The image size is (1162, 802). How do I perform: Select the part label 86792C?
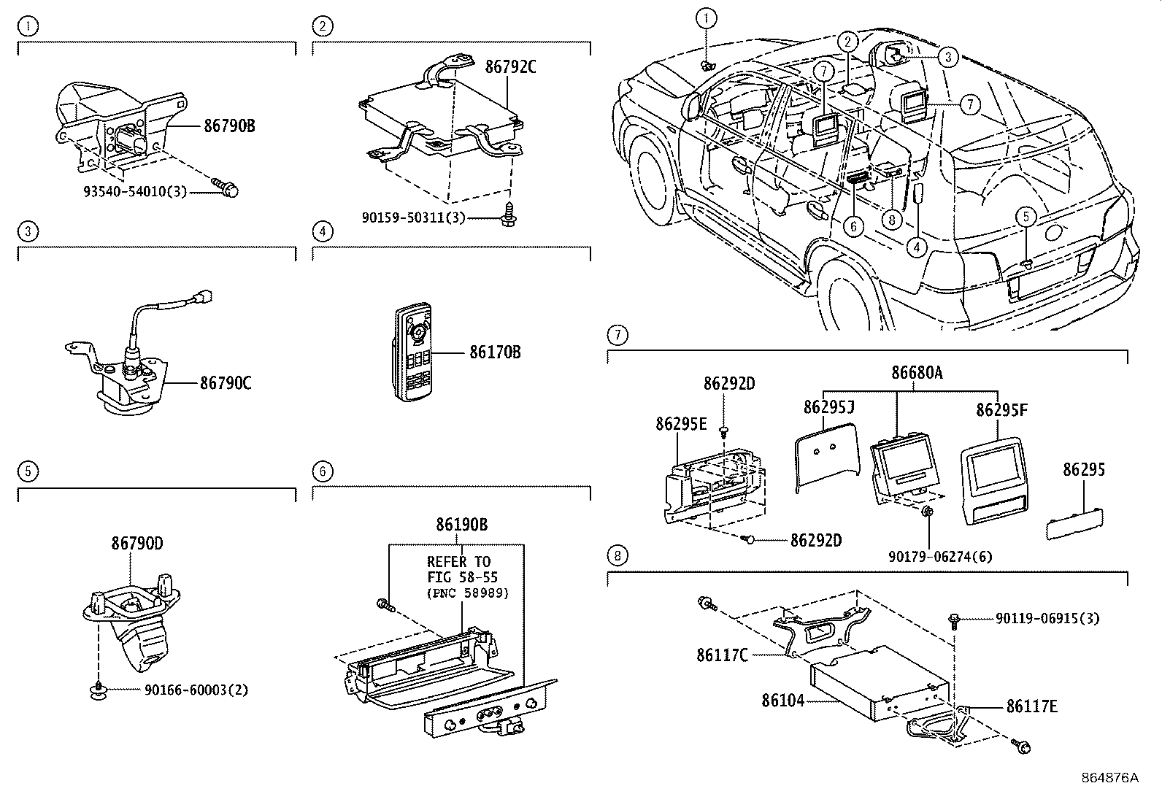click(x=510, y=68)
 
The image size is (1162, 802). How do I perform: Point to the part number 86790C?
click(x=226, y=382)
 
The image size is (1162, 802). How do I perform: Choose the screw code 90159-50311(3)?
click(x=413, y=217)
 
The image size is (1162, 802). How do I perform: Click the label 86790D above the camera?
click(x=136, y=544)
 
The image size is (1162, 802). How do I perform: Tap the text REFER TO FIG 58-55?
click(x=459, y=568)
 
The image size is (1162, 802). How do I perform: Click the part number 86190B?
click(x=461, y=525)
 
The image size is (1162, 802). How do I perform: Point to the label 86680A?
click(x=917, y=373)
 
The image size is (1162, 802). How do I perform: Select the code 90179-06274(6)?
click(x=940, y=557)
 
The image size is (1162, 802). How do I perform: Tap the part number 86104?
click(x=782, y=701)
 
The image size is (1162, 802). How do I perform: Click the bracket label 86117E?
click(x=1032, y=706)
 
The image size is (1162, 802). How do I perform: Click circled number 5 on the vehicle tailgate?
click(x=1026, y=217)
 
